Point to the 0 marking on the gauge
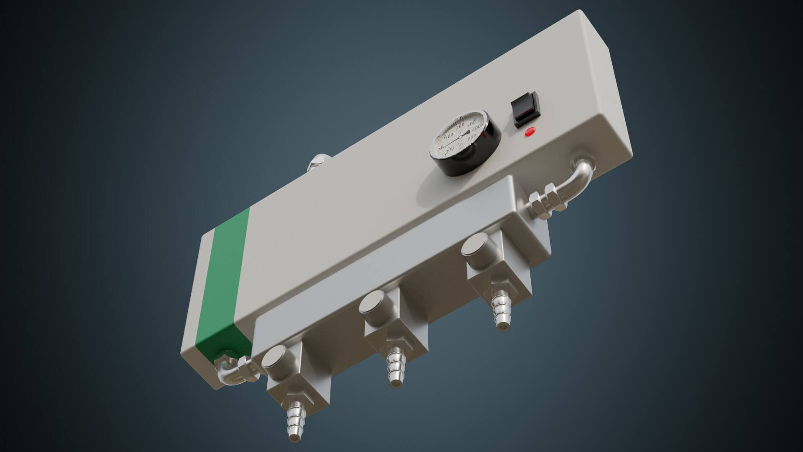[x=442, y=147]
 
